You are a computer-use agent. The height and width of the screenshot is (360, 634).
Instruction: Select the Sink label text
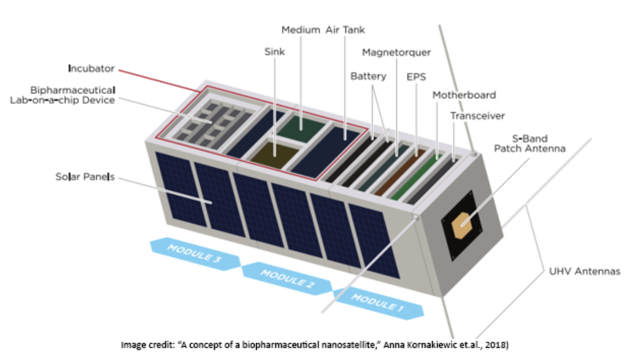coord(274,52)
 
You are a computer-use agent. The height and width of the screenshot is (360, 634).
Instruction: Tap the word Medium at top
coord(301,30)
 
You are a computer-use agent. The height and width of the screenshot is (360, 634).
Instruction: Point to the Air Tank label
coord(345,30)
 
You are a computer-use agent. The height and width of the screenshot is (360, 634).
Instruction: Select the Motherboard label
coord(464,95)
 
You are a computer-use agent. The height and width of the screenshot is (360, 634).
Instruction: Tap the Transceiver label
coord(477,116)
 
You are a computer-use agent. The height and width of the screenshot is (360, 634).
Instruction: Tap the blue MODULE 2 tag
coord(286,278)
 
